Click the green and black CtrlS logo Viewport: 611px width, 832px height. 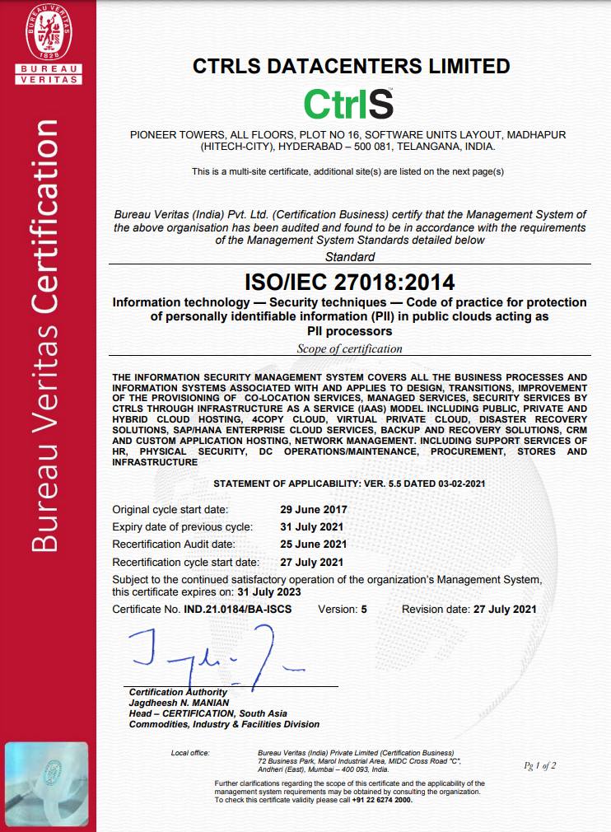348,104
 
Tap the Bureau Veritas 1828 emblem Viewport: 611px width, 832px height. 47,34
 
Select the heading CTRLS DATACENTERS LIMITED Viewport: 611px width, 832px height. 351,66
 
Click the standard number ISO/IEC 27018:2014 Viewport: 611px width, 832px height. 350,283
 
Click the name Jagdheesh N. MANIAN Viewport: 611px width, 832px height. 174,703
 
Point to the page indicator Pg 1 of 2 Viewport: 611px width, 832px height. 540,765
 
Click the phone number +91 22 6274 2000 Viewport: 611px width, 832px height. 381,799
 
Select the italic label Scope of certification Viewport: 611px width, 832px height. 350,348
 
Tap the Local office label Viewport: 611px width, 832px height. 190,753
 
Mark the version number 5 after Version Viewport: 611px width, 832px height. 366,610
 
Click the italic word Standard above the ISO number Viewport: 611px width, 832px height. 350,258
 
